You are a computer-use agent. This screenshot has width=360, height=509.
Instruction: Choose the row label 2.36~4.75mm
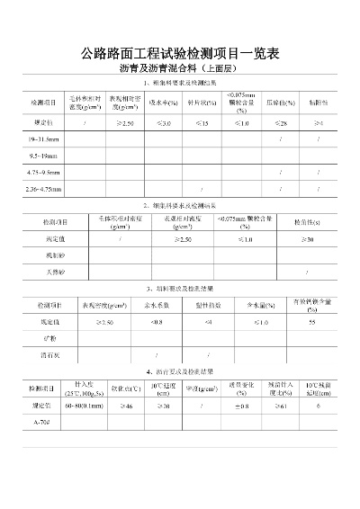(46, 189)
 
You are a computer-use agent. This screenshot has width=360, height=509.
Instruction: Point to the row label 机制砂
(44, 255)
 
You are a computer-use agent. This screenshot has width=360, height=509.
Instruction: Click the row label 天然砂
(44, 272)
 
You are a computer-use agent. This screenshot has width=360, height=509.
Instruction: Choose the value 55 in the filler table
(311, 322)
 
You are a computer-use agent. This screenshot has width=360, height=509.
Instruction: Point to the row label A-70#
(41, 422)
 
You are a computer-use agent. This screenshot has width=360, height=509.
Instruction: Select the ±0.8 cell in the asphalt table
(241, 406)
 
